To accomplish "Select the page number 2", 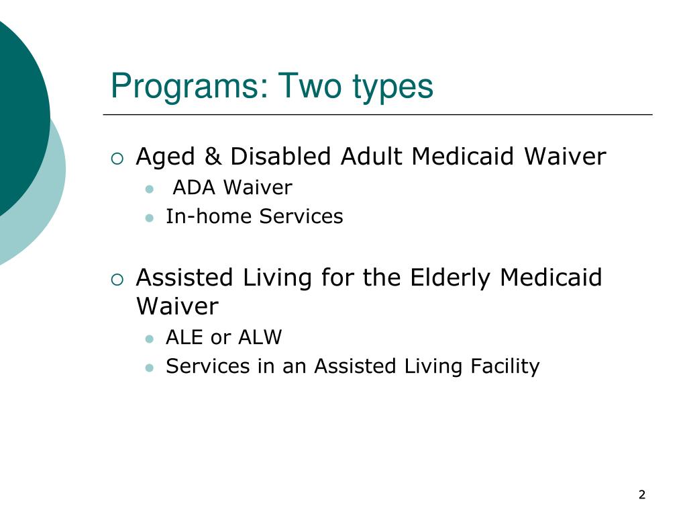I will pyautogui.click(x=641, y=495).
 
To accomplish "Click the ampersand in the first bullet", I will pyautogui.click(x=213, y=157).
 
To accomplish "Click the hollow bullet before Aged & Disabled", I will pyautogui.click(x=117, y=159).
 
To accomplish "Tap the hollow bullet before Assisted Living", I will pyautogui.click(x=117, y=279).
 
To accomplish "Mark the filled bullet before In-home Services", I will pyautogui.click(x=150, y=218).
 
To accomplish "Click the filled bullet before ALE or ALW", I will pyautogui.click(x=150, y=338).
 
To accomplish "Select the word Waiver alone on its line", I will pyautogui.click(x=177, y=306).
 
